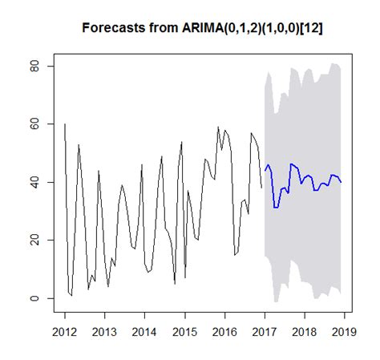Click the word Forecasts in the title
point(113,28)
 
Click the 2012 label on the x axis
point(64,331)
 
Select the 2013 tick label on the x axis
point(104,331)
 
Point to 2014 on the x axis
point(144,331)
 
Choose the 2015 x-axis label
point(184,331)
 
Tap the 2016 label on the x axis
point(224,331)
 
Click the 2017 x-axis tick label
point(265,331)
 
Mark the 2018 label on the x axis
point(304,331)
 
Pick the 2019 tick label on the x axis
point(344,331)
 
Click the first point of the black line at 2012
point(64,124)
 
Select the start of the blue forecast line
point(265,171)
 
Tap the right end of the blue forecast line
point(341,182)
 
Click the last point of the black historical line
point(261,188)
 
